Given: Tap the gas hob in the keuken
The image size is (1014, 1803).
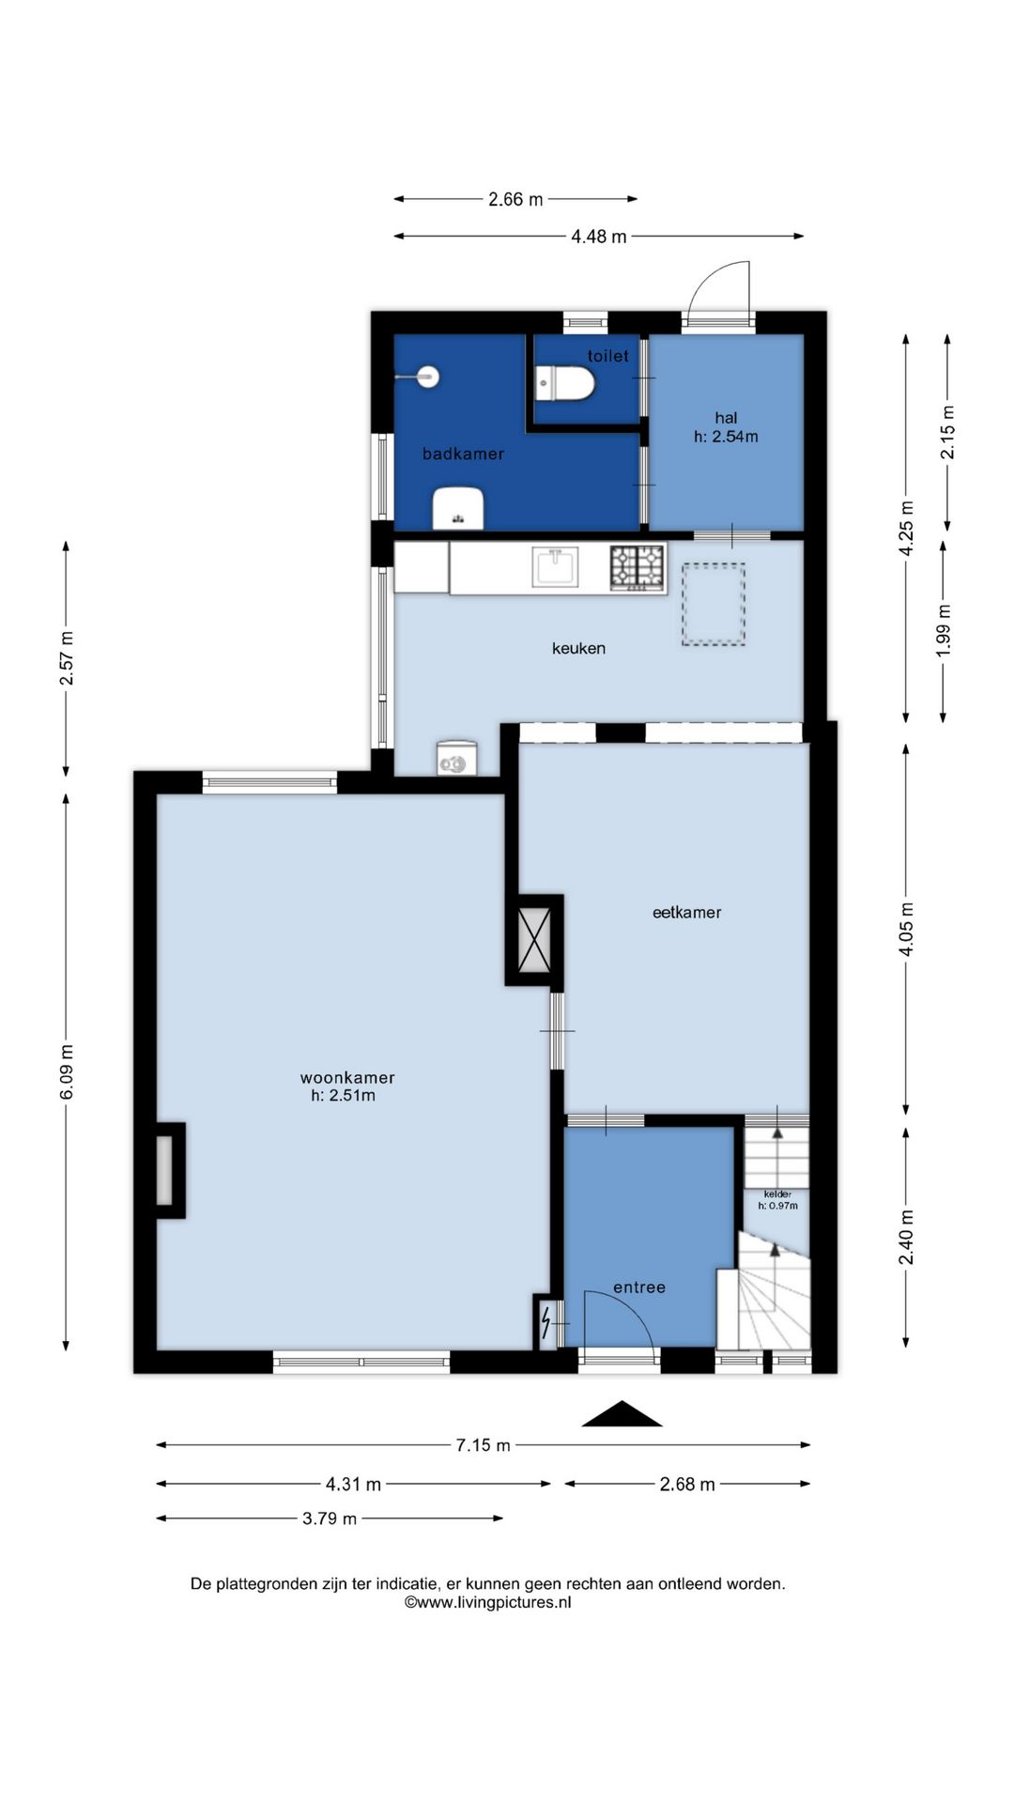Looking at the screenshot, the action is click(x=638, y=567).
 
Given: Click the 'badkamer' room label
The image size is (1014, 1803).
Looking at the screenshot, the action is click(x=463, y=454).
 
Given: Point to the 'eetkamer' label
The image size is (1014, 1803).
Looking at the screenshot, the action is click(x=686, y=912).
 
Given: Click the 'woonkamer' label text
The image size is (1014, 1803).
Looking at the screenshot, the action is click(x=347, y=1078).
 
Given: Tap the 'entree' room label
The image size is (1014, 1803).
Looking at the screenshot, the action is click(x=639, y=1287).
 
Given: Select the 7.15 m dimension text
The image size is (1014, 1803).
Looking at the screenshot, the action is click(x=484, y=1445).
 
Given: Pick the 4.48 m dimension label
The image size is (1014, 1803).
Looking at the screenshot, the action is click(x=599, y=237).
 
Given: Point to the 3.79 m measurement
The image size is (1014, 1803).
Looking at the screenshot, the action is click(x=330, y=1518).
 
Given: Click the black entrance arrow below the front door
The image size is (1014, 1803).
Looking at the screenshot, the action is click(x=622, y=1414).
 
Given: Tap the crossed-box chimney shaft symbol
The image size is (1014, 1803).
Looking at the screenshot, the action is click(x=534, y=940).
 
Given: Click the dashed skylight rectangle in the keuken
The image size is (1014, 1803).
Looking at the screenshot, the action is click(x=714, y=604).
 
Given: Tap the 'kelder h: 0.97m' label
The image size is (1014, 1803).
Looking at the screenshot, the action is click(x=777, y=1200).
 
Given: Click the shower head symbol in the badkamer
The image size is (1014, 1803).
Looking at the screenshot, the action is click(x=420, y=377).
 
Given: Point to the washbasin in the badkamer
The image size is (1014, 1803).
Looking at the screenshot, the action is click(x=458, y=509).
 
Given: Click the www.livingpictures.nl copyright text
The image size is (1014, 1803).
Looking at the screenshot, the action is click(x=487, y=1603).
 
